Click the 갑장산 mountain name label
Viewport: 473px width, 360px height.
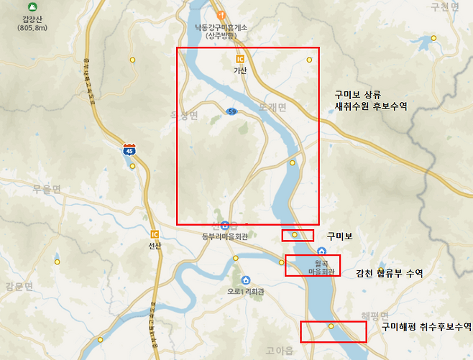point(33,19)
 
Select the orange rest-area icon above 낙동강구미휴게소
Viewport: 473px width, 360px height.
point(222,15)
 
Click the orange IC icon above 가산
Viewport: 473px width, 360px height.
point(240,58)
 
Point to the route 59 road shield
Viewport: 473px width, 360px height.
point(231,111)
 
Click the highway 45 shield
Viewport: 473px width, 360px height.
point(129,150)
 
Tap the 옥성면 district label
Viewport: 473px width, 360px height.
point(183,115)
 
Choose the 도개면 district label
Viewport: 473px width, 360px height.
point(272,107)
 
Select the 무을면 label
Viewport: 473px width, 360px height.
point(47,189)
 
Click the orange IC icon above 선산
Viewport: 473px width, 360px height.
point(155,233)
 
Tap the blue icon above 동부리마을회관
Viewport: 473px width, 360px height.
point(225,226)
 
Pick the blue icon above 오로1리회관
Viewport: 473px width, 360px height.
point(246,280)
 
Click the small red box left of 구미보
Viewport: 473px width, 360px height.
point(298,236)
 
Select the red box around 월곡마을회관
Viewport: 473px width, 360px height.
point(313,265)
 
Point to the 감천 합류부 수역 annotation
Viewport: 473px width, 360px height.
point(389,273)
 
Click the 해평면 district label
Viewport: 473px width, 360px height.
point(375,316)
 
